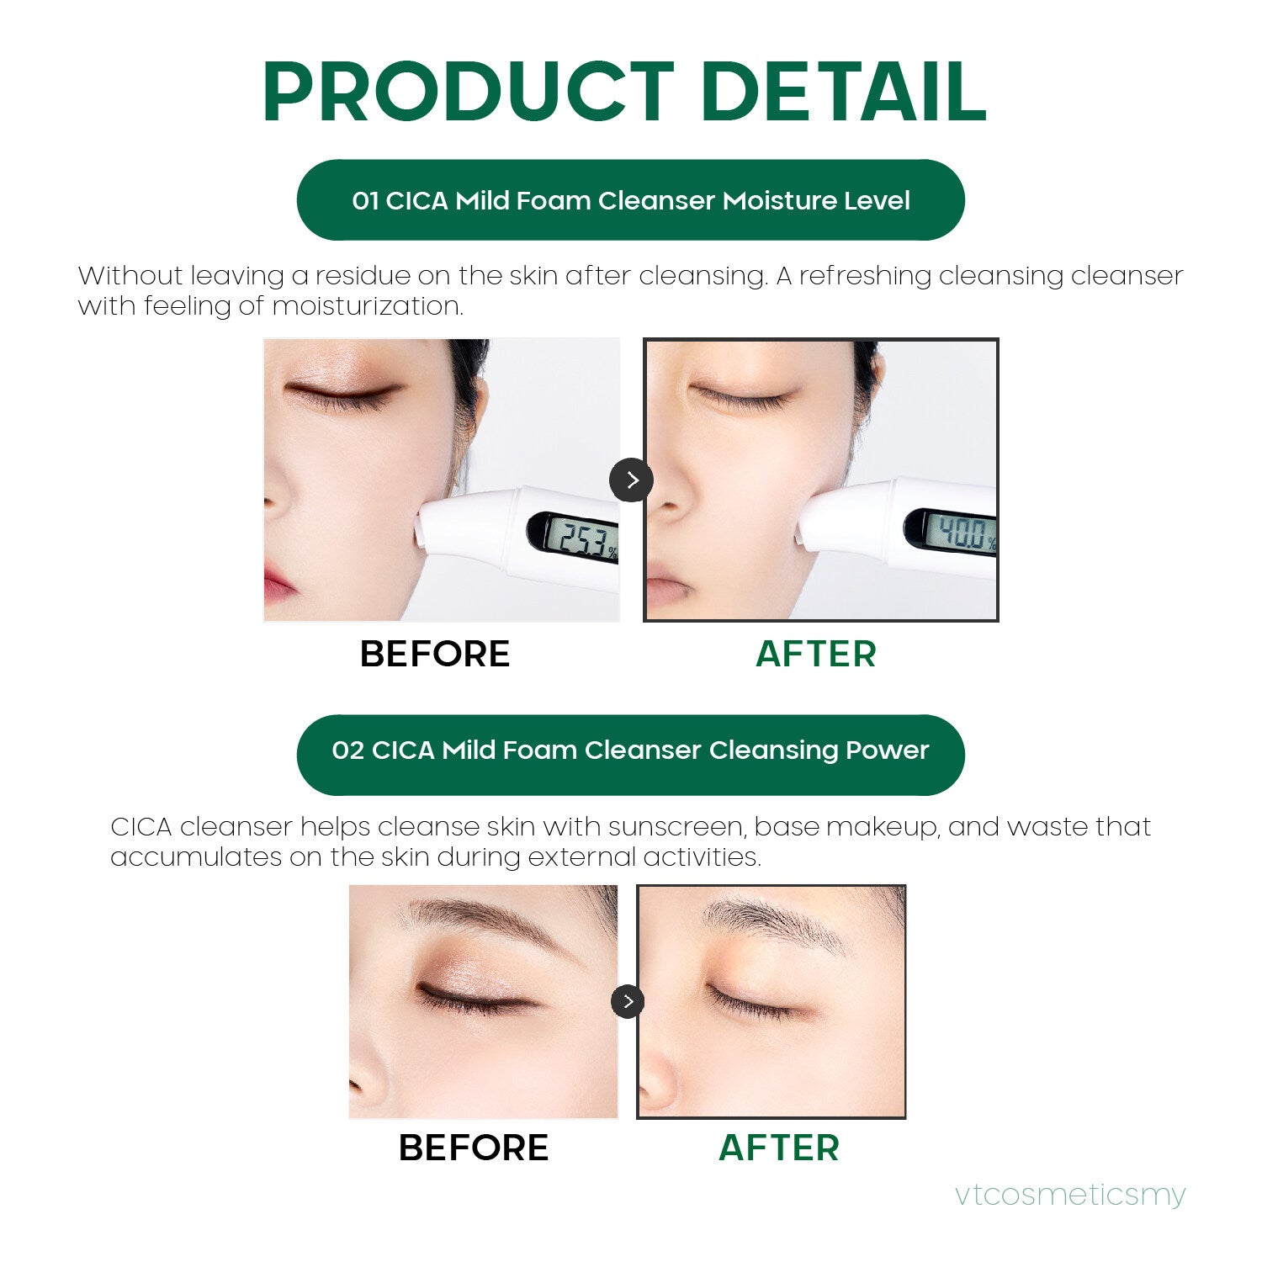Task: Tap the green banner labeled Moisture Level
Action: [631, 200]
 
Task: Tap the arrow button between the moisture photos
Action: [631, 480]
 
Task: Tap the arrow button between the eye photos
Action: [628, 1001]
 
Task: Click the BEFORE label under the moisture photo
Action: [435, 654]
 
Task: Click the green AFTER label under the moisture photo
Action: [816, 654]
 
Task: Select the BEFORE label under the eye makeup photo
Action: [474, 1148]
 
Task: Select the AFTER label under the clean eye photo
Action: [779, 1148]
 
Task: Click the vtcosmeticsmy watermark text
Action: [1070, 1194]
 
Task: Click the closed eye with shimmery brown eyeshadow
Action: [475, 993]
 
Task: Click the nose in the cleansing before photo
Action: [370, 1085]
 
